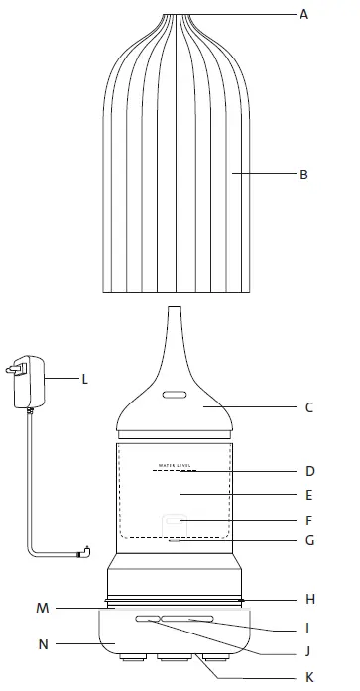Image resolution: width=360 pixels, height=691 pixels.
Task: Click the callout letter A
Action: [303, 15]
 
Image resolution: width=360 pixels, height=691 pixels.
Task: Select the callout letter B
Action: [303, 175]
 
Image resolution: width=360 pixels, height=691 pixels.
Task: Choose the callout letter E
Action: [308, 493]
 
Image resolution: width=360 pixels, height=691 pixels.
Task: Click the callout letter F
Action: [308, 519]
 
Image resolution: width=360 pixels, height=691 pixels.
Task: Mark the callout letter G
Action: [308, 542]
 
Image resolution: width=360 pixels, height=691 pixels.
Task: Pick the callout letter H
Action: [308, 599]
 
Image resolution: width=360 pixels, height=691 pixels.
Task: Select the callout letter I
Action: [308, 627]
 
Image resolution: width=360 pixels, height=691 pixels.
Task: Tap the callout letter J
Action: [308, 651]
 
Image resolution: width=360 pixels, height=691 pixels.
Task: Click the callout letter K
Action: [308, 677]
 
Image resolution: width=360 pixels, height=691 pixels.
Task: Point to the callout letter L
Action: [84, 378]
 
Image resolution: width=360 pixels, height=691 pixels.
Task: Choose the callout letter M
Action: [43, 607]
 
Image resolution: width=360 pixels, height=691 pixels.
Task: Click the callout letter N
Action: [43, 643]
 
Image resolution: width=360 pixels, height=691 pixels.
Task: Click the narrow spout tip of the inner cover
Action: [175, 314]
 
